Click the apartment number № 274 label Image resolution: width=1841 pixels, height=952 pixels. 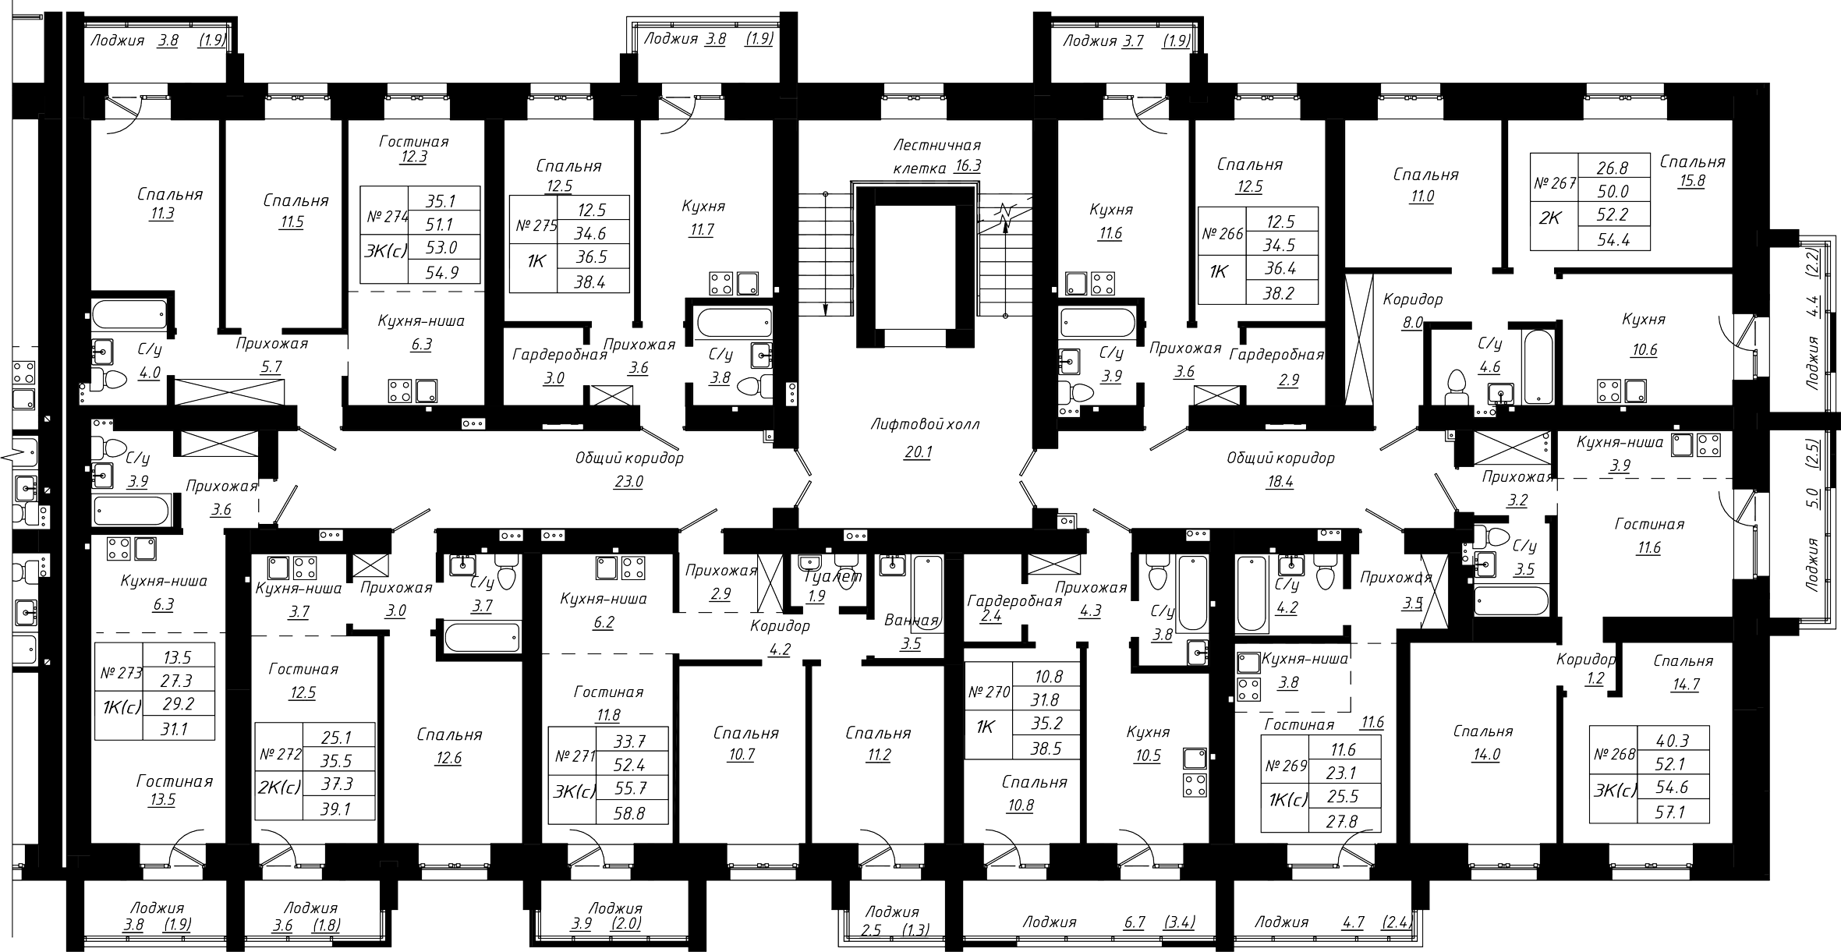[x=388, y=218]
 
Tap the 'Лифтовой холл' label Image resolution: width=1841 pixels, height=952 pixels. [x=925, y=425]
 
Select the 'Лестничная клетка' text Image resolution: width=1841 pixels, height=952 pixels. [x=936, y=156]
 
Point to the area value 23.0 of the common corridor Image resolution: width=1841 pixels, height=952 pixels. [x=628, y=482]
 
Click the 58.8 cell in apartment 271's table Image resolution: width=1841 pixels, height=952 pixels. [x=631, y=813]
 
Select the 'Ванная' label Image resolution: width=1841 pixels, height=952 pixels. [x=912, y=621]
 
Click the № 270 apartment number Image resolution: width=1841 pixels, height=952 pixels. [x=989, y=692]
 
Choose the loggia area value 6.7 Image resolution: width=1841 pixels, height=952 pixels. [x=1135, y=922]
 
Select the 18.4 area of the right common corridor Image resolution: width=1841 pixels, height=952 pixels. [x=1280, y=482]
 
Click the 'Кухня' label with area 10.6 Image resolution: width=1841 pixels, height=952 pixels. [x=1644, y=320]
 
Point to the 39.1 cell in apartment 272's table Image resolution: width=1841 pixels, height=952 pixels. [x=336, y=810]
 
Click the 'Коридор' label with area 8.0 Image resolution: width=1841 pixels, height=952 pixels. [x=1413, y=299]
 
